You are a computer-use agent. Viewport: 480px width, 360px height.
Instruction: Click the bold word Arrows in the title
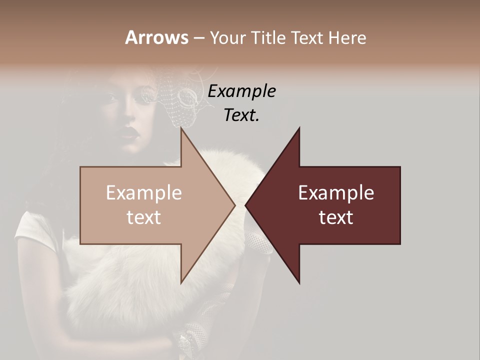click(157, 37)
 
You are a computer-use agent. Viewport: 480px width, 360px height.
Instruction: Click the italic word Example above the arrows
click(241, 91)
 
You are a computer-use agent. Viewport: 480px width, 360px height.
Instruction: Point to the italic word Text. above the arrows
click(241, 115)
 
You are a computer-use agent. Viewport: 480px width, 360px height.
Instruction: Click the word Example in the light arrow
click(144, 193)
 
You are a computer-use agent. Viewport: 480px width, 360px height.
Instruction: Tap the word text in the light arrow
click(144, 217)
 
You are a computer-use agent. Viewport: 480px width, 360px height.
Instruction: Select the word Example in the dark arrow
click(336, 193)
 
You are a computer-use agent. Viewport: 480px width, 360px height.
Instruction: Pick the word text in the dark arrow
click(336, 217)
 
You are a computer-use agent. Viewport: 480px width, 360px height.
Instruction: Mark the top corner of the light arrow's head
click(181, 129)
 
